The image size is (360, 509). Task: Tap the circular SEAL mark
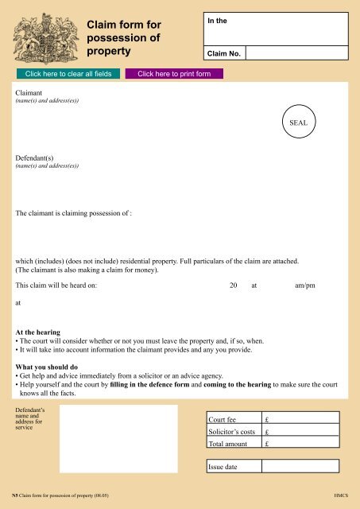[x=298, y=123]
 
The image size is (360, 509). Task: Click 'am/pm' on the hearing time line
[x=304, y=285]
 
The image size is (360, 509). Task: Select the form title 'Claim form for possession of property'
[x=124, y=40]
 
